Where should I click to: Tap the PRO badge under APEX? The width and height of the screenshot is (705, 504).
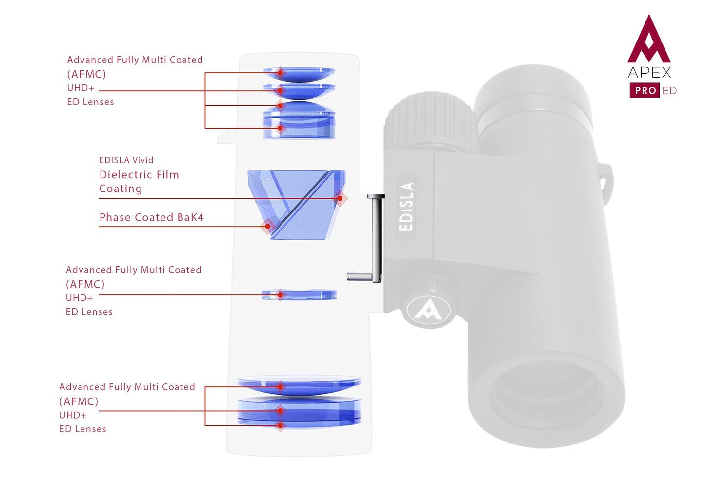point(645,91)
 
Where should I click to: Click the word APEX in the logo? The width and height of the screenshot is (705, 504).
point(649,73)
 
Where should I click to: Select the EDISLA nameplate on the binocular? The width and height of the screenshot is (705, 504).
point(406,206)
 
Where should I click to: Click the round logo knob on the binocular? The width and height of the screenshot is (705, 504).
point(429,309)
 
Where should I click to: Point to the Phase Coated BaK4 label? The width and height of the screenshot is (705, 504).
point(151,217)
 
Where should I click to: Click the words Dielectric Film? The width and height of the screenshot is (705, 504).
point(139,175)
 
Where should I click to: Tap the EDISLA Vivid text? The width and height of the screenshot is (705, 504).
point(126,160)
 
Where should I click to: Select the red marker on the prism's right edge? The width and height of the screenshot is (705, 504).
point(340,198)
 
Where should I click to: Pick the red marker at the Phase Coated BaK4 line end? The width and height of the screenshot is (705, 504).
point(267,226)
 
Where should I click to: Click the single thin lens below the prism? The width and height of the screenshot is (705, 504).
point(299,294)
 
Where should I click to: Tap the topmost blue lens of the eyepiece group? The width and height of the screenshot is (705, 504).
point(299,74)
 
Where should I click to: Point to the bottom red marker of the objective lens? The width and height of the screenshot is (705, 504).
point(280,425)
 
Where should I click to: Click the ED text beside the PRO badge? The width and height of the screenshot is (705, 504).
point(669,91)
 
